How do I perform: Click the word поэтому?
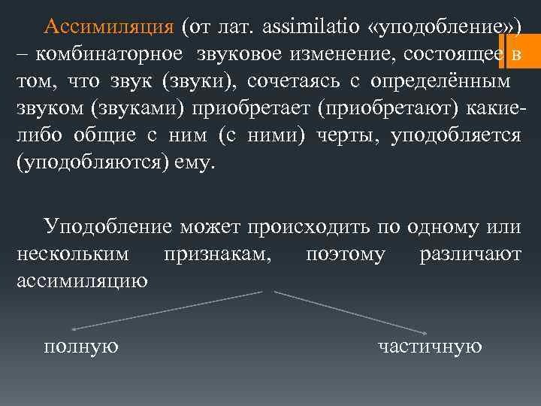coord(346,254)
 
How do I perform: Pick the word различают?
coord(470,254)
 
